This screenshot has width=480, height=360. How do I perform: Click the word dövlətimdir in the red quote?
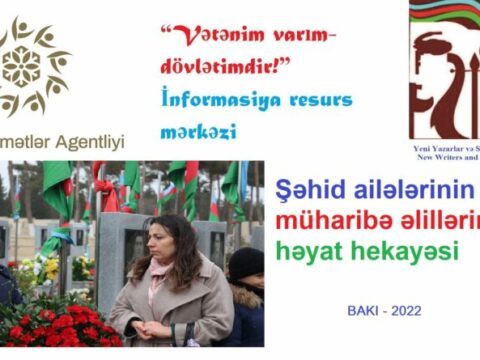point(225,70)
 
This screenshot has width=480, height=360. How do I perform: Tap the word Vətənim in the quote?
point(215,37)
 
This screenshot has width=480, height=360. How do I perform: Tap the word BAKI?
point(366,312)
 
